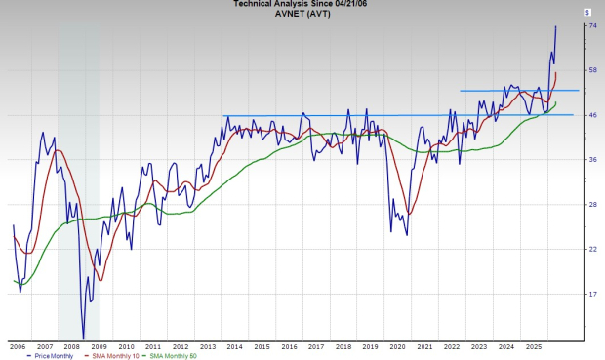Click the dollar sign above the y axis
click(586, 12)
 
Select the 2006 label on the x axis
click(18, 346)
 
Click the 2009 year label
click(100, 346)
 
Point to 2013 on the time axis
click(208, 346)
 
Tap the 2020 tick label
click(397, 346)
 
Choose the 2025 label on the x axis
click(533, 346)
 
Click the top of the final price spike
click(556, 26)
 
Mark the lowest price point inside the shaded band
click(83, 337)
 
